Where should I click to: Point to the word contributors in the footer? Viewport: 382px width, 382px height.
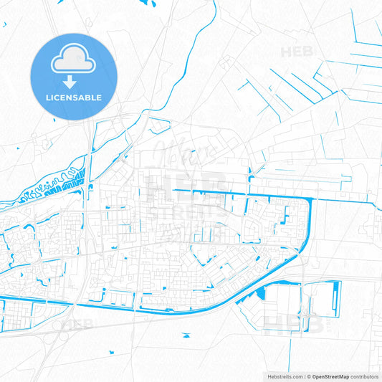click(365, 376)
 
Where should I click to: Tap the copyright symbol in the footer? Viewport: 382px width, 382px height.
click(309, 376)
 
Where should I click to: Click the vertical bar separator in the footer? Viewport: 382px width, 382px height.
click(303, 376)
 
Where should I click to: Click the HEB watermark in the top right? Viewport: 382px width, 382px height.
click(297, 52)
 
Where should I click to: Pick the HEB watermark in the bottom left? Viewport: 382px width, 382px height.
click(77, 325)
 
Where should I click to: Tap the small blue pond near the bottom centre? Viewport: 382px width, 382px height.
click(186, 335)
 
